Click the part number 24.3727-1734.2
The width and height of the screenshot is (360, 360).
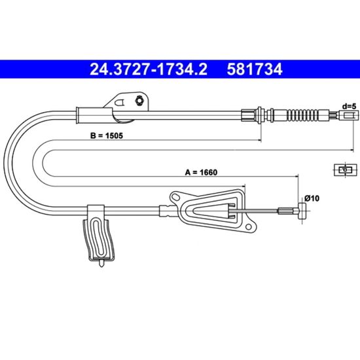coord(149,69)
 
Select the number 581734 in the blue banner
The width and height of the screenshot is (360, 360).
coord(255,69)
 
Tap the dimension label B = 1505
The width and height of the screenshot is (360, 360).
coord(107,135)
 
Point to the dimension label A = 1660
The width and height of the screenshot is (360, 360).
coord(201,172)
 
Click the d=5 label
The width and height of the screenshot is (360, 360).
coord(349,106)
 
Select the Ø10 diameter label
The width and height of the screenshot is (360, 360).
coord(312,198)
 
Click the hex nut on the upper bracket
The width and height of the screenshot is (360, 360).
coord(139,100)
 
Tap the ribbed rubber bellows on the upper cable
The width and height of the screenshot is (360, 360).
coord(302,115)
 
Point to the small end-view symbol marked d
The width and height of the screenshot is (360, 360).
coord(346,170)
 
